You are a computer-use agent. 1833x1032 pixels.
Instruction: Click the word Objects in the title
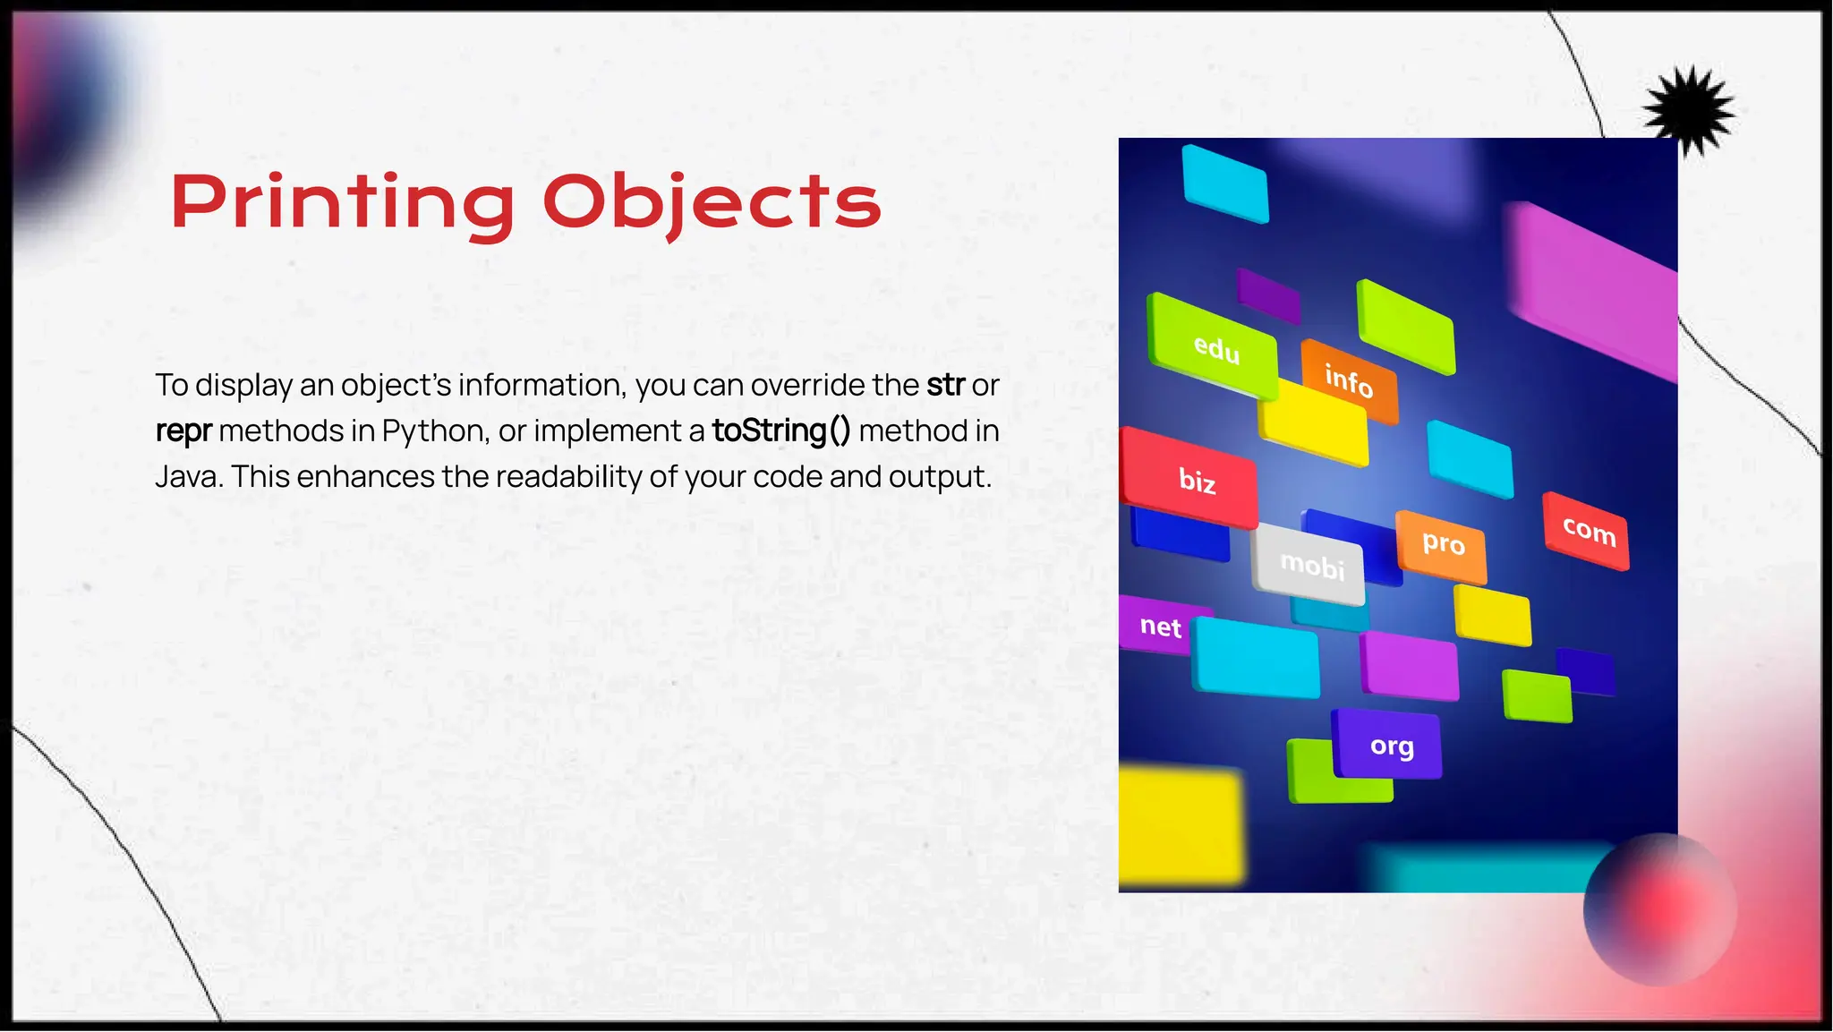point(712,202)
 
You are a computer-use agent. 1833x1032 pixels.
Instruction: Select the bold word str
point(945,385)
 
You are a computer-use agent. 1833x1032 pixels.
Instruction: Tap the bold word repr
point(183,431)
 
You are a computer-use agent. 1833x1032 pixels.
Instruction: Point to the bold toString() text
point(781,431)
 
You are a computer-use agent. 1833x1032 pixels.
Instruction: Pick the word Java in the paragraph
point(188,477)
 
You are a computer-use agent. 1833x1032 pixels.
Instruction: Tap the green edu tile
point(1215,347)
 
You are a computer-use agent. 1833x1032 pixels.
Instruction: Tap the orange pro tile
point(1442,543)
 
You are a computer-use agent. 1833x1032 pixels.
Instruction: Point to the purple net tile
point(1159,626)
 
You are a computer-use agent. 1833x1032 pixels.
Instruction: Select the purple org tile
point(1389,746)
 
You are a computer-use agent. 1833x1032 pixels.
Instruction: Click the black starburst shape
point(1689,110)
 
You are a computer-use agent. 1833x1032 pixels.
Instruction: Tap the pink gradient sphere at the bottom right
point(1660,909)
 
